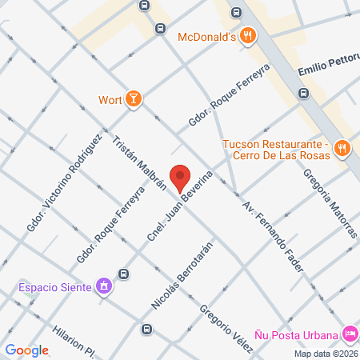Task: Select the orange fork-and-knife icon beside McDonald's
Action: (249, 35)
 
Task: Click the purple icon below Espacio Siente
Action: (103, 285)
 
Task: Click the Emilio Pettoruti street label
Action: (329, 72)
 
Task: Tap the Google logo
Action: (27, 350)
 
